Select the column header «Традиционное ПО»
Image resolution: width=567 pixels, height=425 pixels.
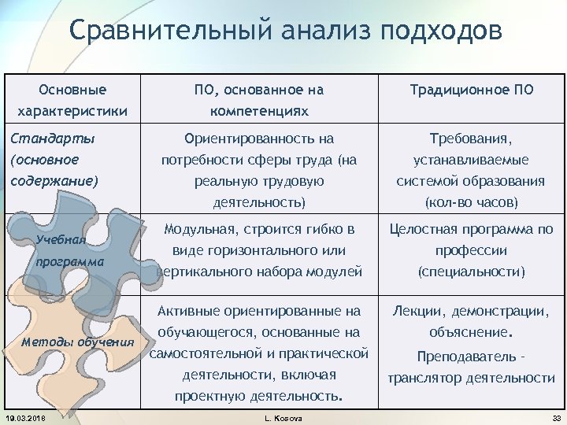pyautogui.click(x=472, y=90)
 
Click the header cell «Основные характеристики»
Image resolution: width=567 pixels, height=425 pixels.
pyautogui.click(x=72, y=99)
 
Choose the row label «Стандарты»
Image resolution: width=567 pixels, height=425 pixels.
pyautogui.click(x=50, y=139)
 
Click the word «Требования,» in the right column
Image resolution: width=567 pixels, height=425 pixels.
pyautogui.click(x=471, y=139)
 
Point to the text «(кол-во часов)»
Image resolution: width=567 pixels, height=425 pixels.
pyautogui.click(x=471, y=201)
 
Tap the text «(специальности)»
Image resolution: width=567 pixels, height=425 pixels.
pyautogui.click(x=471, y=272)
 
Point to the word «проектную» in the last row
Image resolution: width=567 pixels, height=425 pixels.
pyautogui.click(x=207, y=395)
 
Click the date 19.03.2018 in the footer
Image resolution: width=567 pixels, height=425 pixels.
pyautogui.click(x=25, y=416)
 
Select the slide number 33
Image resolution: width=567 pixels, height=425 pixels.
pyautogui.click(x=554, y=416)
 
